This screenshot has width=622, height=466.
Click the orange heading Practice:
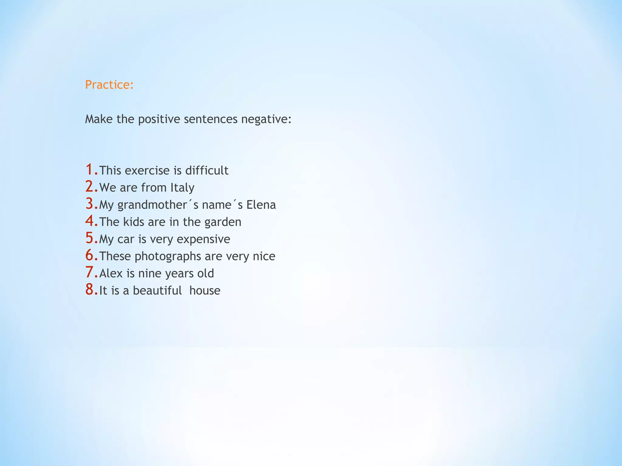(109, 85)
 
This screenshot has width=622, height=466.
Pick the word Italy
(182, 188)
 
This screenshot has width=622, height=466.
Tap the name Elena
(261, 205)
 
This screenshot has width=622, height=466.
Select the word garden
(223, 222)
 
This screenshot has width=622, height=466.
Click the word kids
(134, 222)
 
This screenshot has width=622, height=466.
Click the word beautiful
(157, 291)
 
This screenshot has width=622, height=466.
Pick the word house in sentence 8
(205, 291)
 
